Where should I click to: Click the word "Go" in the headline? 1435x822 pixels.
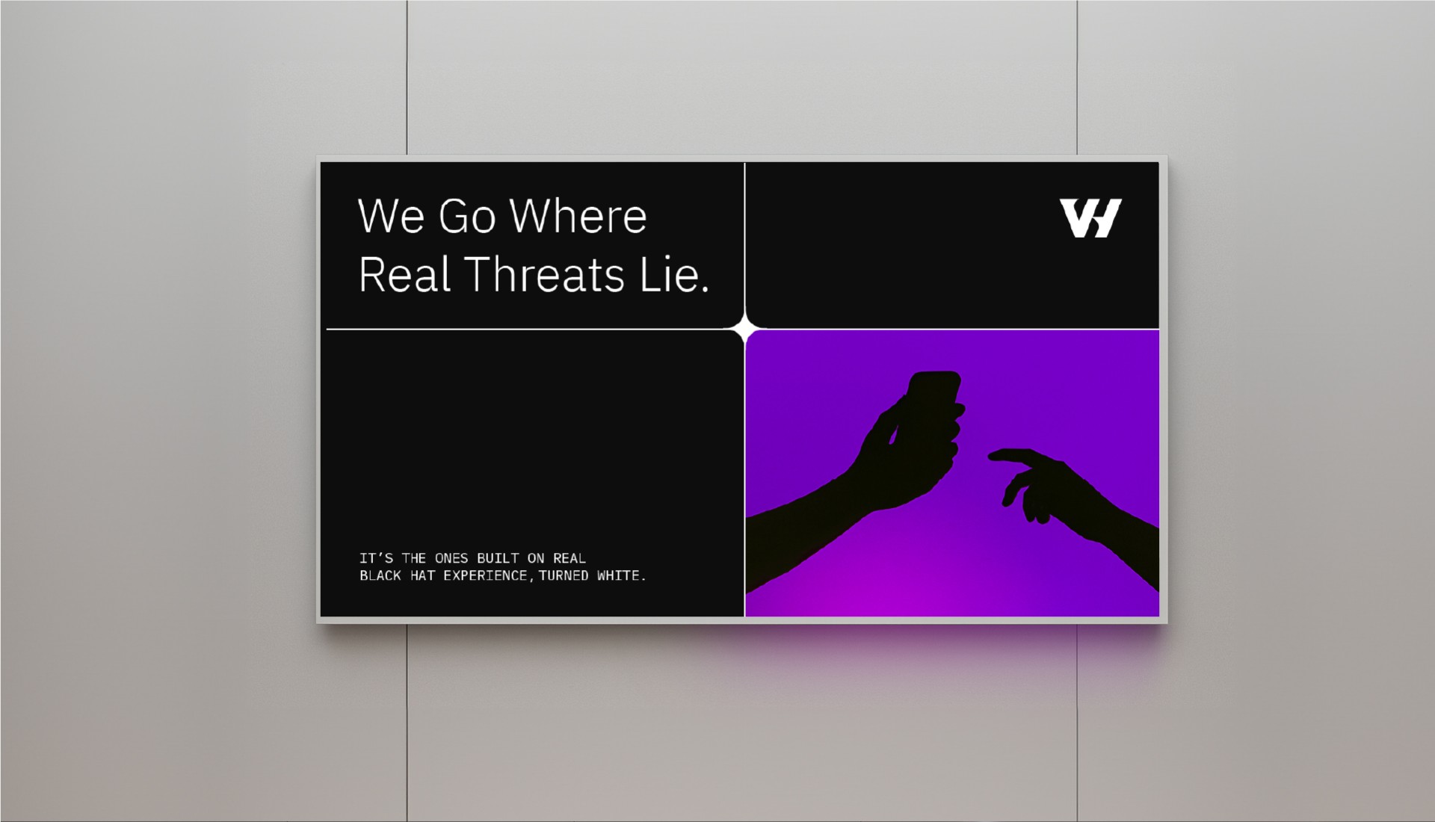467,216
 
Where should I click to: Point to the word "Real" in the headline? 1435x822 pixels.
404,274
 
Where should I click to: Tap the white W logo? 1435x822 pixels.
1090,218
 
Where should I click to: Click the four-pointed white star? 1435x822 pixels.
744,329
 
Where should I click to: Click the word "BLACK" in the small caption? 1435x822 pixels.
380,575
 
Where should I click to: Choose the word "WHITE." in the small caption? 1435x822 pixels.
622,575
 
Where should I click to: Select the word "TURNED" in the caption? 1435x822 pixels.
564,575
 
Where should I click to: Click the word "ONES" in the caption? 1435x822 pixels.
451,558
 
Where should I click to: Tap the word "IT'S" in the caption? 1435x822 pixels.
376,558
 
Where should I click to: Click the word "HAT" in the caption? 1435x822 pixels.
422,575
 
